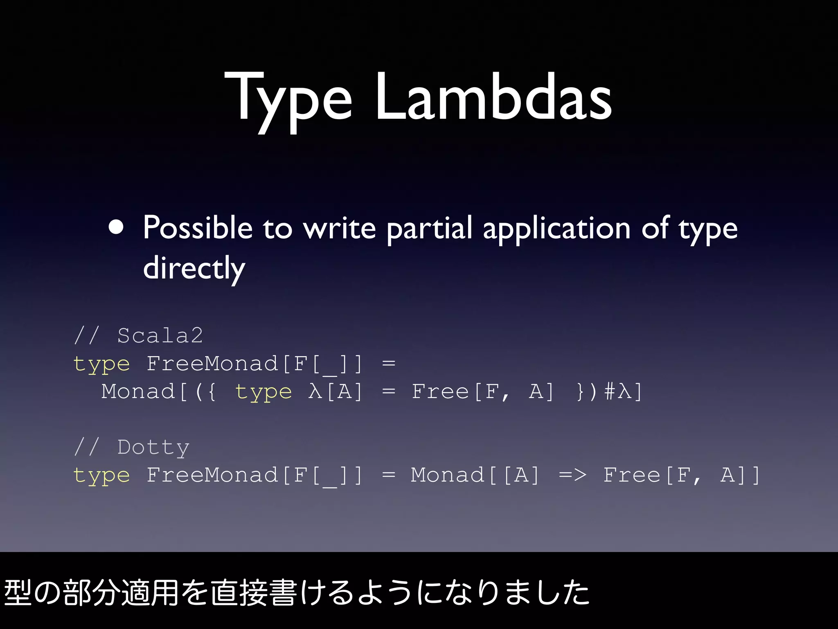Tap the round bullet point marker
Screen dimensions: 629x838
tap(116, 228)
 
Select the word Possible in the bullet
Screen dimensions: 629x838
tap(198, 228)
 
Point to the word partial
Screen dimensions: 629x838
tap(430, 229)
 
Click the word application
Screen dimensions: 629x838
tap(556, 229)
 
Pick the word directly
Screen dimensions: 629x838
tap(194, 268)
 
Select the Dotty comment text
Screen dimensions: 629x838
tap(153, 447)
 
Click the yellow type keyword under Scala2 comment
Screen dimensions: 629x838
tap(101, 364)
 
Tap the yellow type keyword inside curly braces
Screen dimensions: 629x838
tap(264, 392)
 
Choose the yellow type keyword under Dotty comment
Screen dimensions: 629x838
tap(101, 475)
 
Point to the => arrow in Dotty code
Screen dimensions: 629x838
tap(572, 475)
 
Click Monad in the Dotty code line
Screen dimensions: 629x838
tap(448, 475)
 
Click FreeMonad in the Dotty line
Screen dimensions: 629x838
tap(212, 475)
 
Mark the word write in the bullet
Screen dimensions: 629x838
tap(339, 229)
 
